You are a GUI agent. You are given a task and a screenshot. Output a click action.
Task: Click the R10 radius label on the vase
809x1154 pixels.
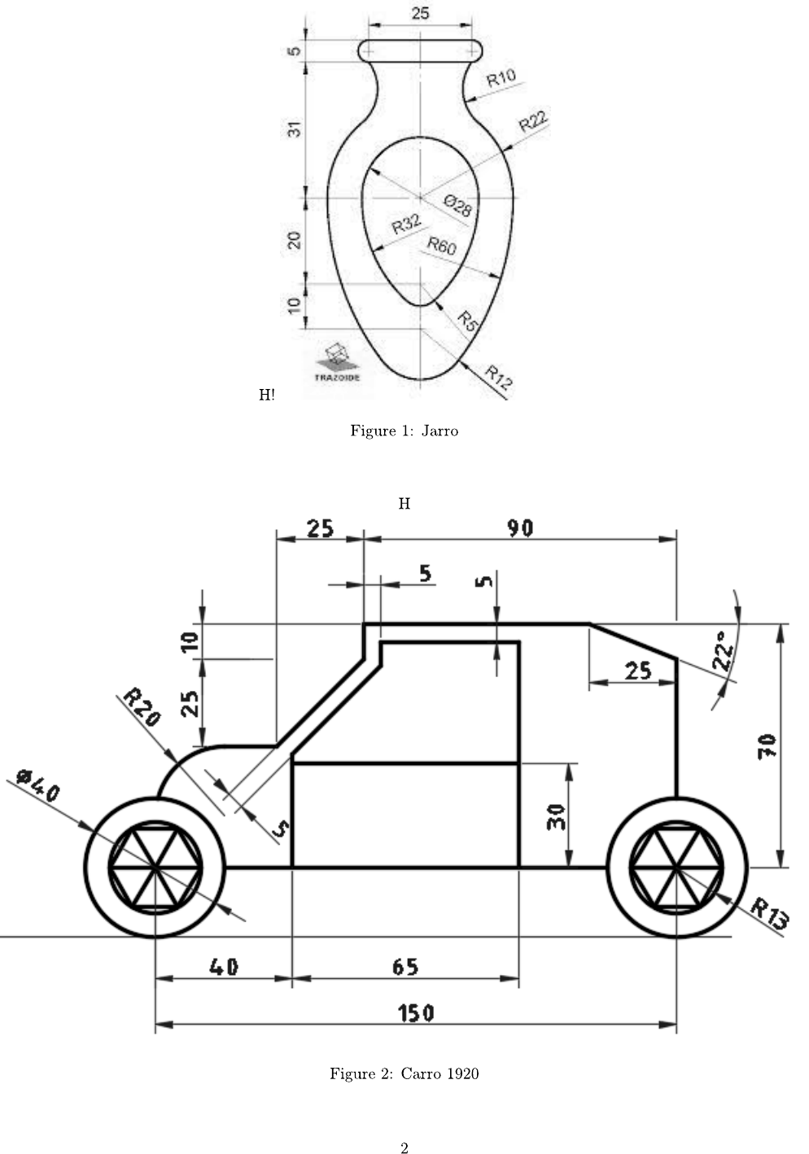pyautogui.click(x=501, y=78)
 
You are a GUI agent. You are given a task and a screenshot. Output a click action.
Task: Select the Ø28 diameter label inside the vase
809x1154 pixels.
pyautogui.click(x=458, y=206)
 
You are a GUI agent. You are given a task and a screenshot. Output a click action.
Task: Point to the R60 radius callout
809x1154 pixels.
pyautogui.click(x=442, y=246)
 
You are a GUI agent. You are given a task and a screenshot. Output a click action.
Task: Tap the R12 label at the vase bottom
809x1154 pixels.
pyautogui.click(x=498, y=378)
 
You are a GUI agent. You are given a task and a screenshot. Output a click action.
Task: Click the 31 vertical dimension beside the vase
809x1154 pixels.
pyautogui.click(x=295, y=128)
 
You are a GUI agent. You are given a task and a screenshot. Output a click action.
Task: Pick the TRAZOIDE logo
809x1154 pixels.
pyautogui.click(x=337, y=363)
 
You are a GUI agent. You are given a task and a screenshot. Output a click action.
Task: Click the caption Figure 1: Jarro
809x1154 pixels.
pyautogui.click(x=404, y=431)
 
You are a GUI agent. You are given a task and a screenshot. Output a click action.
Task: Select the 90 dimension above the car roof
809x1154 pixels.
pyautogui.click(x=520, y=528)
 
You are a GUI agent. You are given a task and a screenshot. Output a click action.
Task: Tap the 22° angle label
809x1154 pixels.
pyautogui.click(x=723, y=650)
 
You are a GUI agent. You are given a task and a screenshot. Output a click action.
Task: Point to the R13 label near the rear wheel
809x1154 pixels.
pyautogui.click(x=769, y=913)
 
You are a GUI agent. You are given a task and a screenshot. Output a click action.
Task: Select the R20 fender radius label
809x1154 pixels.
pyautogui.click(x=142, y=706)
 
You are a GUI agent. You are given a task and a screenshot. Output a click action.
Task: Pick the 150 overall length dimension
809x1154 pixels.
pyautogui.click(x=416, y=1012)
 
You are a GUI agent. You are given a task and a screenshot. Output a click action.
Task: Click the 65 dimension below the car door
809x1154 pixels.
pyautogui.click(x=404, y=966)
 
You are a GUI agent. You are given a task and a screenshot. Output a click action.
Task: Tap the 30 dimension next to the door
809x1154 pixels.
pyautogui.click(x=557, y=816)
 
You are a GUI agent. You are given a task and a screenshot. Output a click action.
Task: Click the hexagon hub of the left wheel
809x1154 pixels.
pyautogui.click(x=155, y=868)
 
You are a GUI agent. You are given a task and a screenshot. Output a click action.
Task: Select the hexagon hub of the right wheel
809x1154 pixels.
pyautogui.click(x=676, y=868)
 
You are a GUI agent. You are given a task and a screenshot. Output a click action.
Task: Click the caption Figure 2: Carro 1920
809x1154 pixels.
pyautogui.click(x=404, y=1073)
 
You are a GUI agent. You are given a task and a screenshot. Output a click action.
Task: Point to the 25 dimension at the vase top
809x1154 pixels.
pyautogui.click(x=421, y=13)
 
